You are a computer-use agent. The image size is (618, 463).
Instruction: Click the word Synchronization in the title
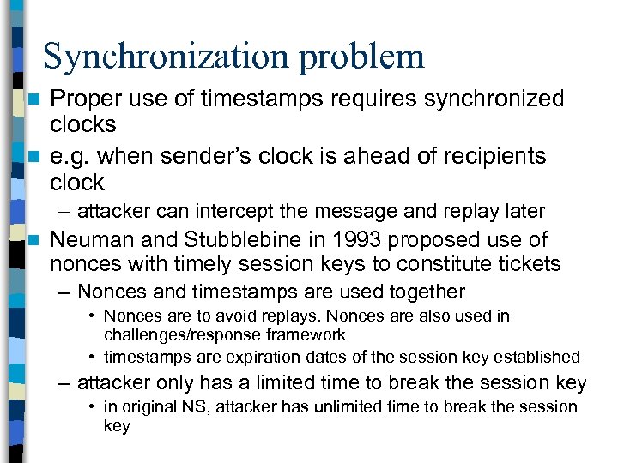pos(158,57)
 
